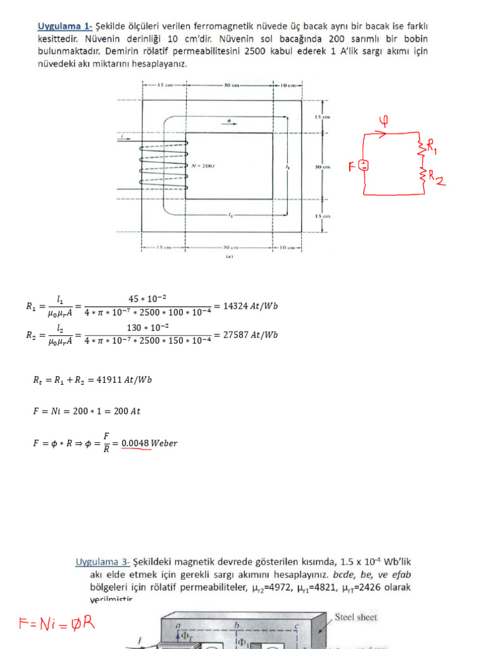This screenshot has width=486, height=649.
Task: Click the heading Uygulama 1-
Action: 65,26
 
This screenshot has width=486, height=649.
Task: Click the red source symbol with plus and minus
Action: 364,165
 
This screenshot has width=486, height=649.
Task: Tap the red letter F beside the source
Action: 352,167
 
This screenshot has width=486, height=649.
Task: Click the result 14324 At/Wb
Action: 246,305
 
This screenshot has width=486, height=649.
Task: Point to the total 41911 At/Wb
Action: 125,380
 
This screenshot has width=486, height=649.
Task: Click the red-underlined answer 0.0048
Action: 136,443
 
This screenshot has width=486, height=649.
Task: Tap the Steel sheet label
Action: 356,617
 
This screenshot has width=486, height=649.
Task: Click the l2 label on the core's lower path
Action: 231,215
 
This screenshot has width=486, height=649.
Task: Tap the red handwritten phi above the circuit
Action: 383,120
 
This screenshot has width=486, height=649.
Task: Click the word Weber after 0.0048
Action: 165,443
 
